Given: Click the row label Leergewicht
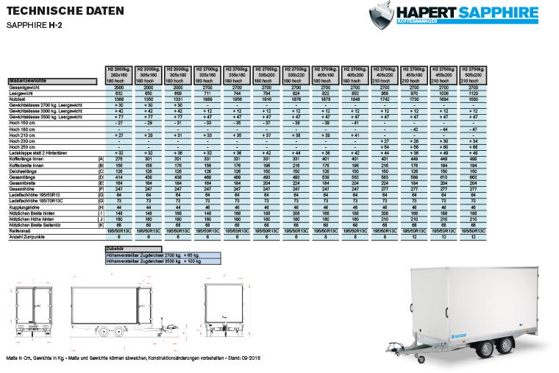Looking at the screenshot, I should click(x=22, y=93).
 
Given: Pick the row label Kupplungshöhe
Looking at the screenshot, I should click(x=21, y=207).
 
